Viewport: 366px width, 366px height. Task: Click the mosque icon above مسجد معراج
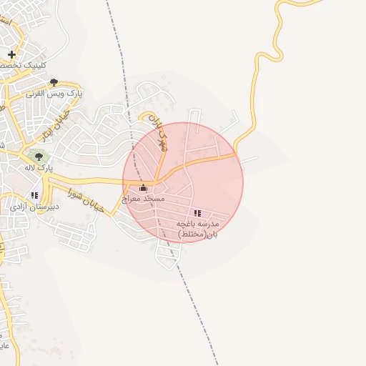click(x=143, y=188)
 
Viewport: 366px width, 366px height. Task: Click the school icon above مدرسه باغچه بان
click(x=197, y=213)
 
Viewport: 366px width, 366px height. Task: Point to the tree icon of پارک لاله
click(x=39, y=157)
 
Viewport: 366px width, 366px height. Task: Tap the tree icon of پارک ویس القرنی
click(x=54, y=82)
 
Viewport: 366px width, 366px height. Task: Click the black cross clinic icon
click(x=12, y=54)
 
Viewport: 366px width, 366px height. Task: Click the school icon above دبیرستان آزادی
click(x=34, y=194)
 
